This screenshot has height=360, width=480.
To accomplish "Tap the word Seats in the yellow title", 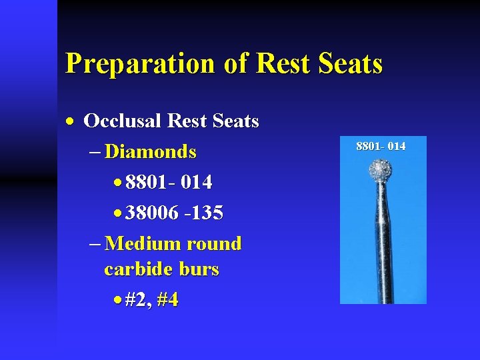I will (x=351, y=64).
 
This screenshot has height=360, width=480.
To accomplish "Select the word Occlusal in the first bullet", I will (x=123, y=121).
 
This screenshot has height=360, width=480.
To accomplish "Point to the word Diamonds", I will (x=151, y=152).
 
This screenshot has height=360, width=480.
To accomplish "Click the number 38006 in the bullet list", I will (x=152, y=213).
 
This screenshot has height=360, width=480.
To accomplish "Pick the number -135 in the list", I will (x=204, y=213).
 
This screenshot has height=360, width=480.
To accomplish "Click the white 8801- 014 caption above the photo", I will (x=381, y=146).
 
